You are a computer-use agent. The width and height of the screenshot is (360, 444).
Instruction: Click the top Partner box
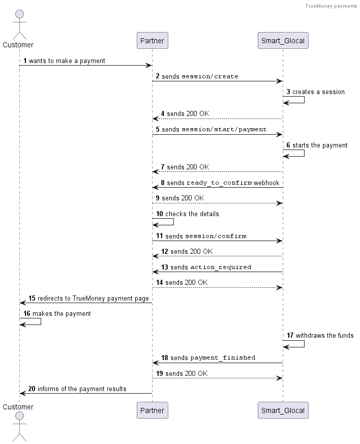pos(152,41)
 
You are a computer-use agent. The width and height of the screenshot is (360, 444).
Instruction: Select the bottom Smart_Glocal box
pos(283,410)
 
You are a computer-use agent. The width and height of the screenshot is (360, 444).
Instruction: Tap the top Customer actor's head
pos(19,14)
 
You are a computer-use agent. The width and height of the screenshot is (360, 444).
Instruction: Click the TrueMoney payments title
pos(331,6)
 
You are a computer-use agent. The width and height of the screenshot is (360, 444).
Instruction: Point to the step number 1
pos(25,61)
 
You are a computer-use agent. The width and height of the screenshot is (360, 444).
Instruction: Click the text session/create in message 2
pos(209,76)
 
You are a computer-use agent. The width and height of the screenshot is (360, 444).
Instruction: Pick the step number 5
pos(158,129)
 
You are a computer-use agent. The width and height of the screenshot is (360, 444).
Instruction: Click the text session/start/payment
pos(224,129)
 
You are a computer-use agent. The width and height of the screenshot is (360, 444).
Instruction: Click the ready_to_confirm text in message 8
pos(219,183)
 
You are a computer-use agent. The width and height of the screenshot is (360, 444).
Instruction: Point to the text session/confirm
pos(216,236)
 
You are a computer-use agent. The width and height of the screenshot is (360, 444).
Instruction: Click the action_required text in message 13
pos(221,268)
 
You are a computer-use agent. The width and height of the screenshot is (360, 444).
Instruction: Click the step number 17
pos(290,335)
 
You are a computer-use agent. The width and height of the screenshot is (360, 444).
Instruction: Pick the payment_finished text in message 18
pos(223,358)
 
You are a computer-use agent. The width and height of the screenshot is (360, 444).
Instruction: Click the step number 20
pos(32,389)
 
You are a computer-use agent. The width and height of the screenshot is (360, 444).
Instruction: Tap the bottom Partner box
pos(152,410)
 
